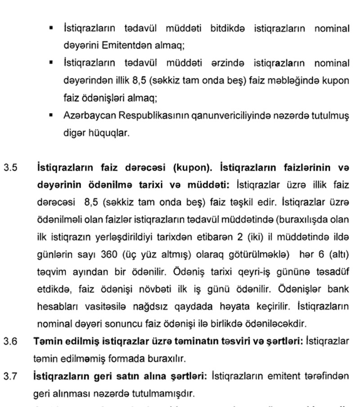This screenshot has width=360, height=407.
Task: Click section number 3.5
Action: pos(11,168)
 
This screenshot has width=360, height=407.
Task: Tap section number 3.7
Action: pos(11,375)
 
